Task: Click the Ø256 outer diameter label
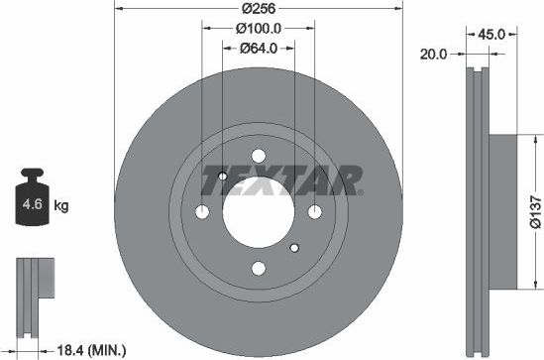tap(259, 9)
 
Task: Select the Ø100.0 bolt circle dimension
tap(260, 28)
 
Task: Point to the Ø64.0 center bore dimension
tap(260, 48)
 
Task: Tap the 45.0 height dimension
tap(492, 34)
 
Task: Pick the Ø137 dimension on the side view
tap(534, 210)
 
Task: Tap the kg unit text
tap(60, 206)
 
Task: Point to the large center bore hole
tap(259, 211)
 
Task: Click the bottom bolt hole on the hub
tap(259, 268)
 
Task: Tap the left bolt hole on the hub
tap(202, 211)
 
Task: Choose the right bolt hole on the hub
tap(315, 211)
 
